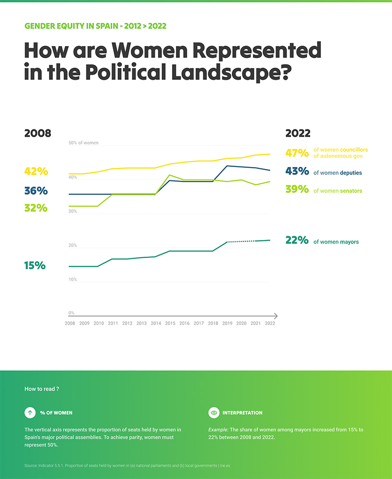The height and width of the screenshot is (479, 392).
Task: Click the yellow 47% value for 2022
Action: pyautogui.click(x=297, y=153)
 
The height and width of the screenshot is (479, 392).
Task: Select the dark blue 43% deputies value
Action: pyautogui.click(x=297, y=171)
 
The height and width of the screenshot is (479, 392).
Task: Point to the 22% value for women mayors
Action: pyautogui.click(x=297, y=240)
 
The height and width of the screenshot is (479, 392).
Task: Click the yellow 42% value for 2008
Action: pyautogui.click(x=36, y=171)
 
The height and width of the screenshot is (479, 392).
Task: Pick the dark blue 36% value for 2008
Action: pyautogui.click(x=36, y=191)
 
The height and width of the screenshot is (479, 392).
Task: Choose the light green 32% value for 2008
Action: pyautogui.click(x=36, y=208)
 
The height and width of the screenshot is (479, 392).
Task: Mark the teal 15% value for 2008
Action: pyautogui.click(x=35, y=265)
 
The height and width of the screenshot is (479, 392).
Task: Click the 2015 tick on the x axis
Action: pyautogui.click(x=170, y=324)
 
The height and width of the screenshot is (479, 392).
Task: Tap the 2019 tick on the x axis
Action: pyautogui.click(x=227, y=324)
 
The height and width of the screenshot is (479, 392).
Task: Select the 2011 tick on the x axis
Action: pyautogui.click(x=113, y=324)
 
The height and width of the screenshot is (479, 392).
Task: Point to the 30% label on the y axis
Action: pyautogui.click(x=73, y=212)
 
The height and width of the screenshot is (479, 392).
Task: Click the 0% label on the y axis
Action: pyautogui.click(x=71, y=313)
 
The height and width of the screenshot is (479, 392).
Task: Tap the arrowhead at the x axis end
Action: pyautogui.click(x=275, y=316)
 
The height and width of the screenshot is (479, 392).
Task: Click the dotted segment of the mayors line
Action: pyautogui.click(x=241, y=241)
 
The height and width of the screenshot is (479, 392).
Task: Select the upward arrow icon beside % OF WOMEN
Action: pyautogui.click(x=30, y=413)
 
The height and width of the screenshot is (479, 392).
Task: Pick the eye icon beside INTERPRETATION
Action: pyautogui.click(x=214, y=413)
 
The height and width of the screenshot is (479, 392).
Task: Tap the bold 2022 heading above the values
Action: pyautogui.click(x=298, y=133)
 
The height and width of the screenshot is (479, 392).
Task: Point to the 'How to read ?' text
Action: pyautogui.click(x=42, y=388)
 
